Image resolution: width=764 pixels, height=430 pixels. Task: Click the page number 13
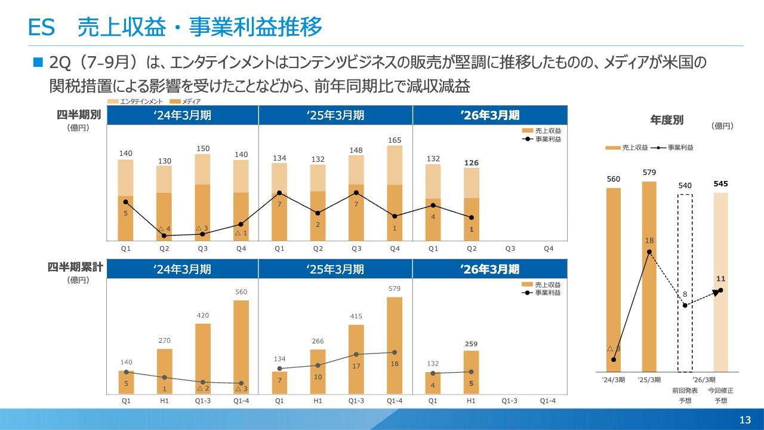click(745, 420)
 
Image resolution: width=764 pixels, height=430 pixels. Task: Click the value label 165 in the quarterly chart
click(395, 140)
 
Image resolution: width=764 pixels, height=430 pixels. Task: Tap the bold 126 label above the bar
click(472, 163)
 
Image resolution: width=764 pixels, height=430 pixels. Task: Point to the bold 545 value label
click(720, 184)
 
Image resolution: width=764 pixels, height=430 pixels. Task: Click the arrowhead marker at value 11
click(720, 290)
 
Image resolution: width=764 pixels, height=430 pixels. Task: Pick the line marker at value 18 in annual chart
click(649, 251)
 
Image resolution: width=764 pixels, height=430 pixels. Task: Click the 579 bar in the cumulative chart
click(395, 346)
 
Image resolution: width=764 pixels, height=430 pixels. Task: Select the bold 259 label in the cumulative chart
click(472, 344)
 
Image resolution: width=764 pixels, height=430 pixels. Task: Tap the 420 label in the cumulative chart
click(202, 315)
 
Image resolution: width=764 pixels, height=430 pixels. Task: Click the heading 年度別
click(667, 120)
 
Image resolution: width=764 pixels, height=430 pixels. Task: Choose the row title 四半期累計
click(75, 268)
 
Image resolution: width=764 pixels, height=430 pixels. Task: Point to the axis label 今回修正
click(720, 390)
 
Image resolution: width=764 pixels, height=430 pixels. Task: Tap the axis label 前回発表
click(685, 390)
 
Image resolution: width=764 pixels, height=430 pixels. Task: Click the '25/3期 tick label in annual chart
click(649, 379)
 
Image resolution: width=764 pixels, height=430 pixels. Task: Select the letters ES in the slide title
click(42, 27)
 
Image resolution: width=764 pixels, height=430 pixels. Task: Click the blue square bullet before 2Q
click(39, 62)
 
